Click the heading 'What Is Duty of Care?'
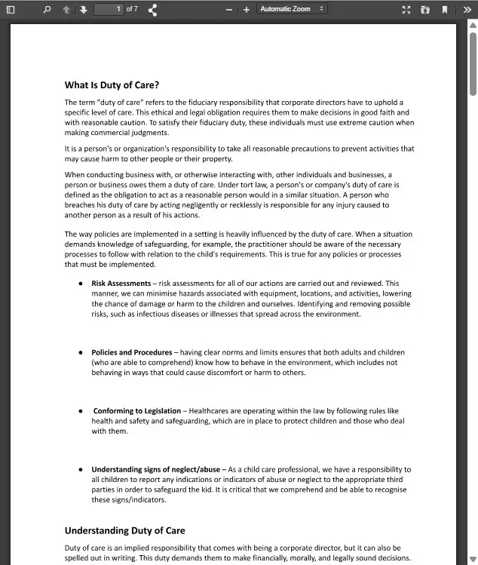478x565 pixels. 112,85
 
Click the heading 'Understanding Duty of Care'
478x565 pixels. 124,530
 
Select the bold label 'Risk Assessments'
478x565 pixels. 121,284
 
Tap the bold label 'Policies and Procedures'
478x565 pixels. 132,352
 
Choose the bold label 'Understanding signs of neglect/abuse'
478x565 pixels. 156,469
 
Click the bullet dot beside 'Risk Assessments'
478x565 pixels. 81,284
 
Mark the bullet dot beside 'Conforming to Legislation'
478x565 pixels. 81,411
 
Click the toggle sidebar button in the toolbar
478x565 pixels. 11,9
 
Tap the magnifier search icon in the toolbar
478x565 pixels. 47,9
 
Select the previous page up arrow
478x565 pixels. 66,9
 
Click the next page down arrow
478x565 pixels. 83,9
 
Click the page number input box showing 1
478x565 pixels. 109,9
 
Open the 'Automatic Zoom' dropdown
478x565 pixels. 292,9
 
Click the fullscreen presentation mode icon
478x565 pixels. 406,9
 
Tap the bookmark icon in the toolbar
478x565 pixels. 445,9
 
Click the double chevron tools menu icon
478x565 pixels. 467,9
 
